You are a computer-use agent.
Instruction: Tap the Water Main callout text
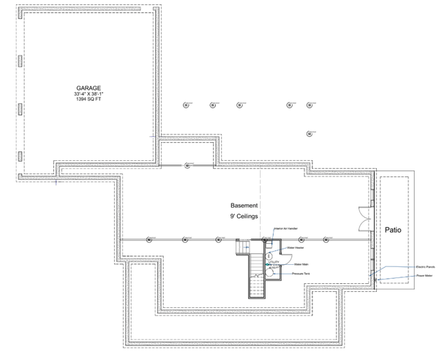coord(301,263)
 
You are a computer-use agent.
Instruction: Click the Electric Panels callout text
coord(426,267)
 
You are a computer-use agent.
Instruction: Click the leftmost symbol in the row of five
coord(185,105)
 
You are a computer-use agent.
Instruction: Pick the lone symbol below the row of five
coord(309,134)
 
